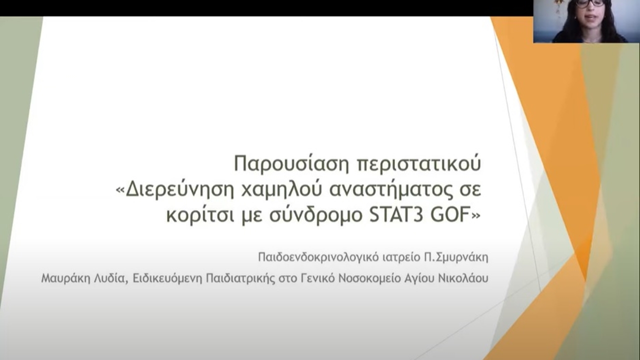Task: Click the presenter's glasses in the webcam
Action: coord(590,3)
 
